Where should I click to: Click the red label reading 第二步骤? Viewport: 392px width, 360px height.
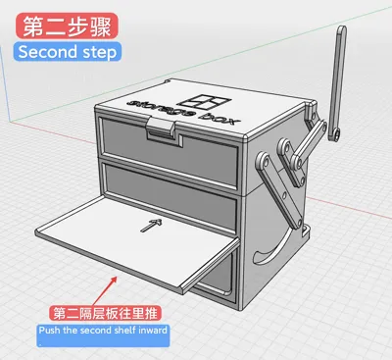pyautogui.click(x=67, y=26)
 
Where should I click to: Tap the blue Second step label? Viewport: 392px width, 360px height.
pyautogui.click(x=68, y=52)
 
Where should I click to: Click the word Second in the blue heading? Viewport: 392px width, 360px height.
pyautogui.click(x=47, y=52)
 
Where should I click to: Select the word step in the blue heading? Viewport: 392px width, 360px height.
pyautogui.click(x=99, y=53)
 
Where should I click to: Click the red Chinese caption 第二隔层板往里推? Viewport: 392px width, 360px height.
pyautogui.click(x=105, y=314)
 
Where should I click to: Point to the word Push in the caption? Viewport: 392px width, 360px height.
pyautogui.click(x=50, y=330)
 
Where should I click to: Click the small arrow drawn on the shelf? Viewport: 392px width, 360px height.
pyautogui.click(x=151, y=226)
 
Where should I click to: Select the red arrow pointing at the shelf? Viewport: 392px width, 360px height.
pyautogui.click(x=105, y=291)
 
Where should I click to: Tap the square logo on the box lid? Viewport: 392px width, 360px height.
pyautogui.click(x=206, y=102)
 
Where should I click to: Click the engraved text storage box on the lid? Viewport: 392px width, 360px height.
pyautogui.click(x=183, y=111)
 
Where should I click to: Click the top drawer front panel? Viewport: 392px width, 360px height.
pyautogui.click(x=170, y=152)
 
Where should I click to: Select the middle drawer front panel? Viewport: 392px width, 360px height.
pyautogui.click(x=171, y=195)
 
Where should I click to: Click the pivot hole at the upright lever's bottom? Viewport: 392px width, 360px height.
pyautogui.click(x=335, y=133)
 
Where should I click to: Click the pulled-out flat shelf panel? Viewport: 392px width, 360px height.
pyautogui.click(x=137, y=242)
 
